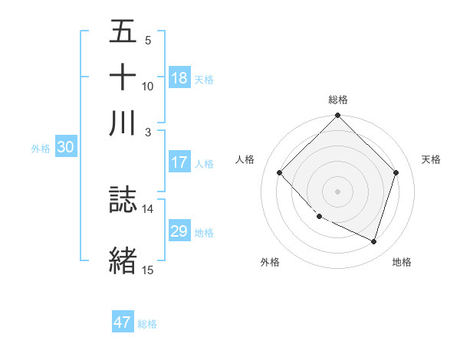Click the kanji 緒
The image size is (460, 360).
tap(123, 260)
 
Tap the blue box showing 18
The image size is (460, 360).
tap(179, 77)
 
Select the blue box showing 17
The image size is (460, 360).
tap(179, 162)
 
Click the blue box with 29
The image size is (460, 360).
tap(179, 231)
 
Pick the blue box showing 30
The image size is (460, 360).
tap(65, 148)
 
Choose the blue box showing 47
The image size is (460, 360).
tap(123, 322)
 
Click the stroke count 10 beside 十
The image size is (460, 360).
tap(148, 86)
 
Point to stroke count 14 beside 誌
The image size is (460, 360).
tap(148, 208)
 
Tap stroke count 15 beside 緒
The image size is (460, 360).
tap(148, 270)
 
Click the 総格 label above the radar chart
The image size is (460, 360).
tap(338, 100)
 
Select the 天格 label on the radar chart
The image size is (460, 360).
tap(431, 159)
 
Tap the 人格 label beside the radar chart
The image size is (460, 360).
tap(245, 159)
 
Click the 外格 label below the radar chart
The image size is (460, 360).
tap(270, 262)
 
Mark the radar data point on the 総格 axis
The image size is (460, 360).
tap(338, 116)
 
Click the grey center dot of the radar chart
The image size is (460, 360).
tap(338, 191)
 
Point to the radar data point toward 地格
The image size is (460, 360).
tap(374, 241)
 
